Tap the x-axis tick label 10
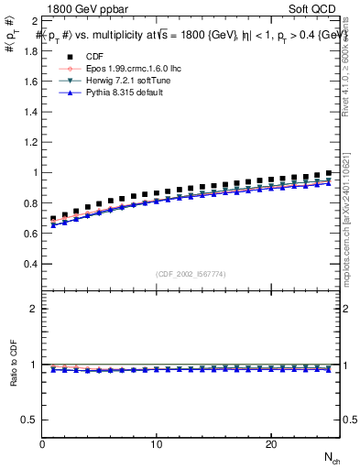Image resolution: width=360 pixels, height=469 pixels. tap(157, 444)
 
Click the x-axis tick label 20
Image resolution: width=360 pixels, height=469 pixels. tap(270, 444)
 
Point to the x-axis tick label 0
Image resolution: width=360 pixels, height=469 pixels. tap(43, 444)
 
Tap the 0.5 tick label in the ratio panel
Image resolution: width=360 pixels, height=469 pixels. tap(29, 420)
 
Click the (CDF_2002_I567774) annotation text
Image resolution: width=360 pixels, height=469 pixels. tap(191, 274)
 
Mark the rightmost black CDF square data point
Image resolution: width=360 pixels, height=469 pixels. tap(328, 173)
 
